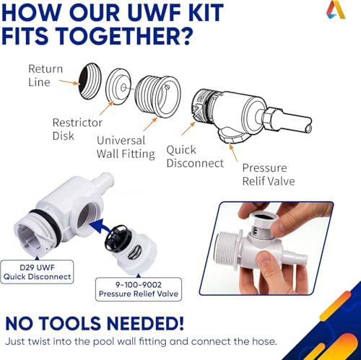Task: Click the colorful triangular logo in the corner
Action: (x=336, y=10)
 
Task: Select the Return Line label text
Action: (x=45, y=76)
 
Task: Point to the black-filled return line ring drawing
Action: (x=90, y=82)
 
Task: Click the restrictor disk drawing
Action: (x=118, y=87)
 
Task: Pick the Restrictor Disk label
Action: (x=77, y=129)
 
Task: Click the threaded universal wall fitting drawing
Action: (x=157, y=96)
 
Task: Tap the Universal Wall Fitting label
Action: (x=126, y=147)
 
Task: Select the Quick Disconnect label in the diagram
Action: (x=195, y=157)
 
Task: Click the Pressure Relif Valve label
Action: (x=269, y=175)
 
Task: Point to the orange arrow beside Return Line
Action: (x=69, y=82)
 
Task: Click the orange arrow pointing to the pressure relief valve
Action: (x=233, y=152)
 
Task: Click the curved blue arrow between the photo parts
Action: (x=102, y=227)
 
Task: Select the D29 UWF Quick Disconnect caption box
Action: (x=37, y=272)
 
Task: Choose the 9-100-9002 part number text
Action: (x=139, y=285)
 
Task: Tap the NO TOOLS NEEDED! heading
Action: (x=95, y=323)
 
